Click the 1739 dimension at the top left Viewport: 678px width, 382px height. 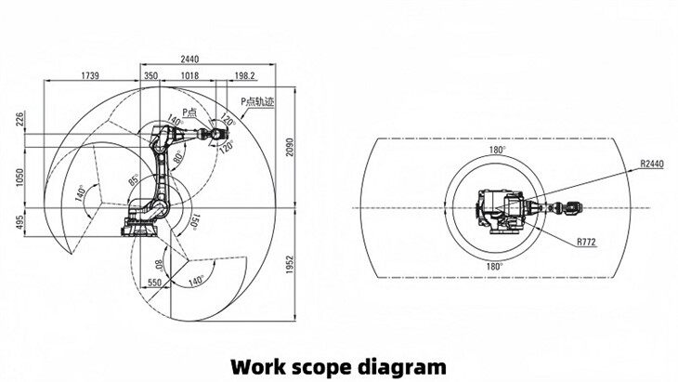(91, 74)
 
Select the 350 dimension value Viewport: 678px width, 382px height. (150, 74)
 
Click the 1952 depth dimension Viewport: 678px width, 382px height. (291, 265)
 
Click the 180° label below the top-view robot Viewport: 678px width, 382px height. (496, 265)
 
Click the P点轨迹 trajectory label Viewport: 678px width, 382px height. (257, 101)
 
